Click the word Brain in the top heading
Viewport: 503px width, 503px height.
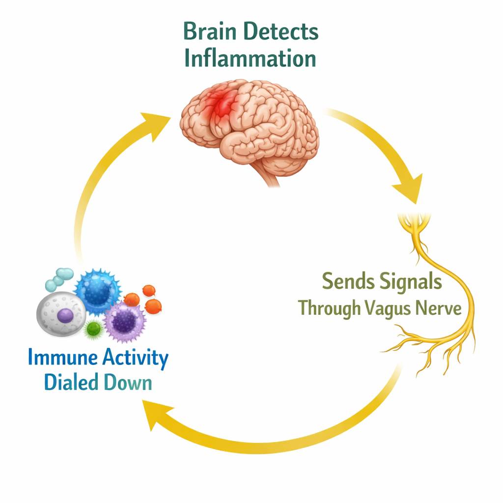coord(211,32)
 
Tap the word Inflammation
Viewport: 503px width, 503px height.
coord(250,58)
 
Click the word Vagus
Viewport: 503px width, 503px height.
coord(391,308)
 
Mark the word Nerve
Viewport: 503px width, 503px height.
coord(439,308)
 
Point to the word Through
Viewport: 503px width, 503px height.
coord(330,308)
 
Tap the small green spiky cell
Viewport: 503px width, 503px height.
coord(92,329)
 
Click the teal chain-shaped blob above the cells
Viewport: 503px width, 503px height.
coord(59,278)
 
